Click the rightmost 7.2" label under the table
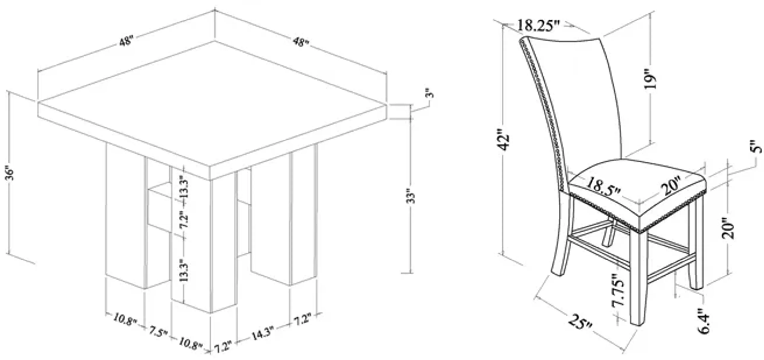click(x=302, y=320)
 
